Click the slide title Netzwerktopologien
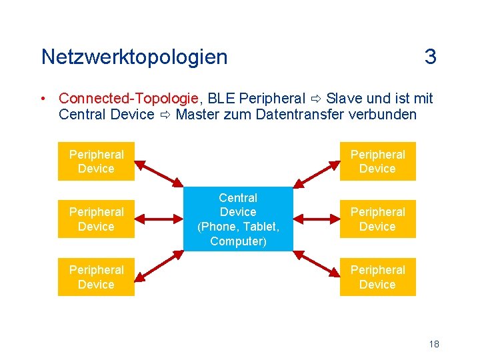(x=134, y=57)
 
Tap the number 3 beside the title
(x=431, y=57)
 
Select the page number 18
(x=434, y=344)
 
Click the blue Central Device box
(x=238, y=219)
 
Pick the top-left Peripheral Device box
(x=96, y=161)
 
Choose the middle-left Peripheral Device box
(x=96, y=219)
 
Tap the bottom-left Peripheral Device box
(x=96, y=277)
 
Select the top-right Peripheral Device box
(x=377, y=161)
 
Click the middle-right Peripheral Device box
(x=377, y=219)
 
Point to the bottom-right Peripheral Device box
(x=377, y=277)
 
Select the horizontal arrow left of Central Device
(x=159, y=218)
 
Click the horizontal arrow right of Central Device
(x=317, y=218)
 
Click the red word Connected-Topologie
(x=129, y=99)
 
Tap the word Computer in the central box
(x=237, y=241)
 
